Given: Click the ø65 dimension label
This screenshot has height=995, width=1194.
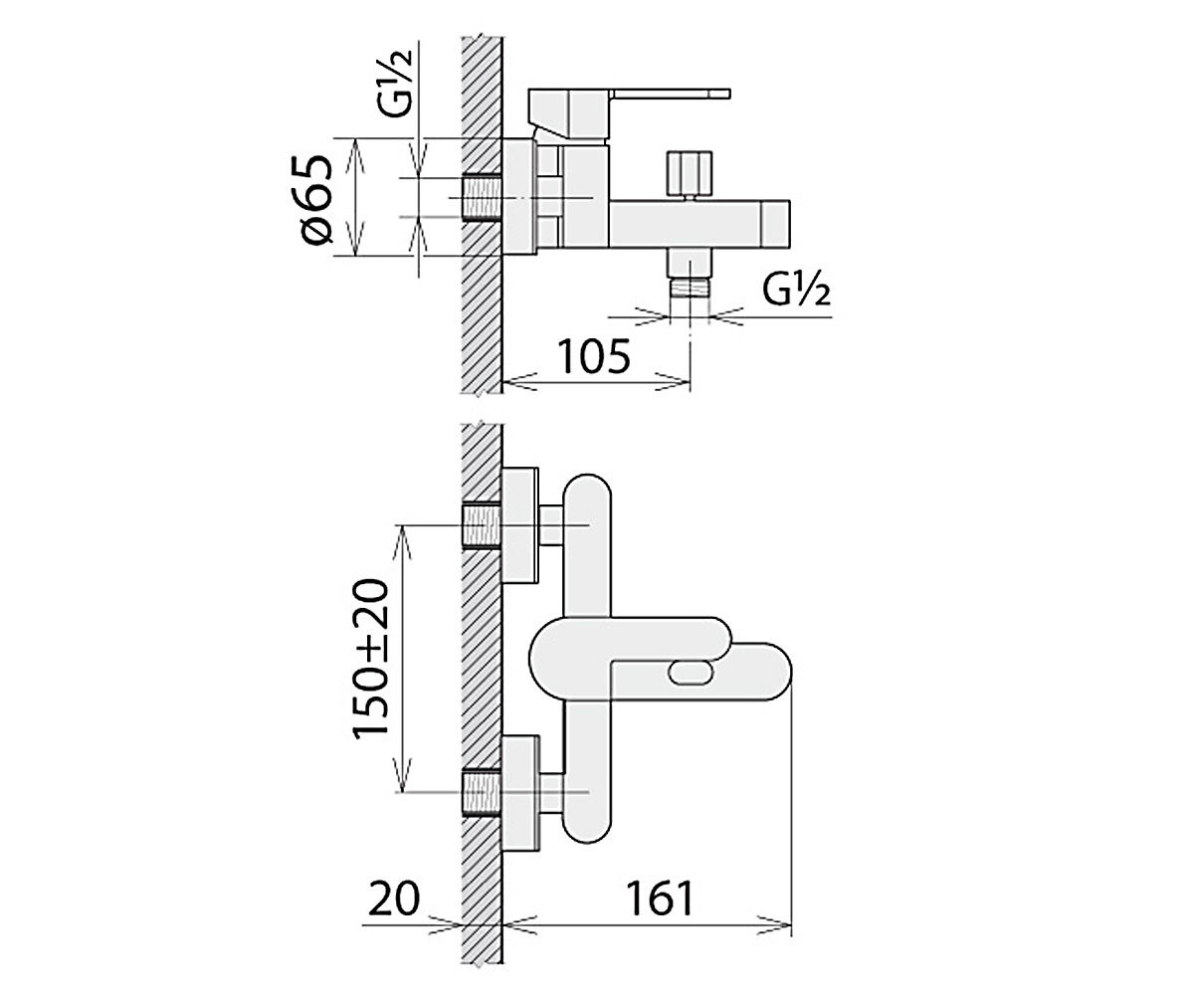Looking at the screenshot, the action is point(318,198).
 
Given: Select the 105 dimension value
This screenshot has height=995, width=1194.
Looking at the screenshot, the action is point(594,357).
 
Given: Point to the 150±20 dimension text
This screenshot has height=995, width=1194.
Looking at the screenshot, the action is point(370,660).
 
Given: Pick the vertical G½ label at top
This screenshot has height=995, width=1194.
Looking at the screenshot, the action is point(398,83).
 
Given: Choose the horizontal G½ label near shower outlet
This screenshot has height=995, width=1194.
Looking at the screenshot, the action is point(797,292).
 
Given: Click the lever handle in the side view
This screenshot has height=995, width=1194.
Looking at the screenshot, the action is point(629,114).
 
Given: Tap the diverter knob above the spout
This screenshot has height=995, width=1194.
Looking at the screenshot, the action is point(690,172).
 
